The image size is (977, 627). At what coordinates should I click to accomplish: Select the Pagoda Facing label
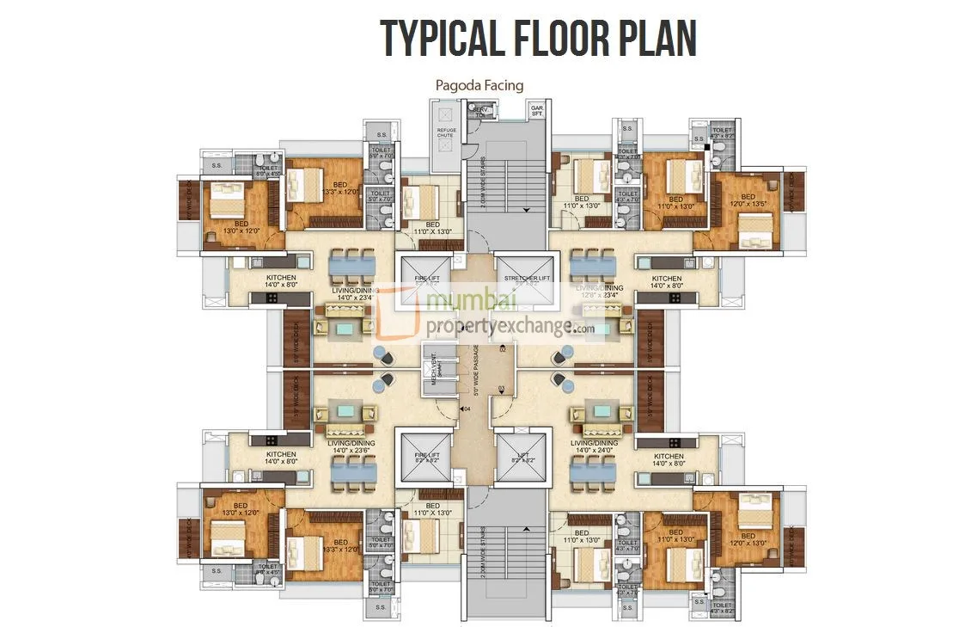(479, 84)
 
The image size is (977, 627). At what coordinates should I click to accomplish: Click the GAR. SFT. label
(537, 111)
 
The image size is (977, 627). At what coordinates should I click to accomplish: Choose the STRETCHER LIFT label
(527, 278)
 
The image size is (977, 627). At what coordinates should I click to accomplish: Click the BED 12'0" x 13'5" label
(747, 202)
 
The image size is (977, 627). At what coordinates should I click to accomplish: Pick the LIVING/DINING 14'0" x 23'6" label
(351, 446)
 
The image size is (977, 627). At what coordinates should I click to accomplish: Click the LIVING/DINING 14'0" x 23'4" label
(351, 294)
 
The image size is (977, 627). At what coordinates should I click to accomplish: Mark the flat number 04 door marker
(466, 409)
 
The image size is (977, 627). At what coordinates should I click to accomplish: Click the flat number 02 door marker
(503, 348)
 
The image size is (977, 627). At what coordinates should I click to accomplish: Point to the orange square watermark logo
(408, 314)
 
